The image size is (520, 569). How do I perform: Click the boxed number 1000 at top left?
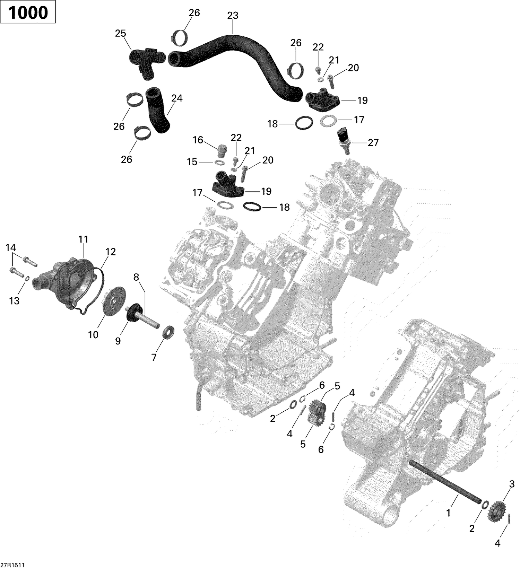[28, 12]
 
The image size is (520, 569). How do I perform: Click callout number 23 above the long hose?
[233, 16]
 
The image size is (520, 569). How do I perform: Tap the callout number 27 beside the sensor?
[373, 143]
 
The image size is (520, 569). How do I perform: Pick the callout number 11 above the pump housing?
[84, 239]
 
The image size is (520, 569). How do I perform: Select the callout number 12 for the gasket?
[111, 252]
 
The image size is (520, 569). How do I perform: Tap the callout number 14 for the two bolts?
[10, 248]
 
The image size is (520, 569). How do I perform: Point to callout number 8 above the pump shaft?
[136, 277]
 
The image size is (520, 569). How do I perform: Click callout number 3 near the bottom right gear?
[512, 484]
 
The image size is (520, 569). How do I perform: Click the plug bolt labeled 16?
[221, 151]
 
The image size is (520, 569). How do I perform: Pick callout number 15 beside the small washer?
[192, 162]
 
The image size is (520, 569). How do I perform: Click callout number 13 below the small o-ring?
[14, 301]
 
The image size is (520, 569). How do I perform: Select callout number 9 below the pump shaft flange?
[118, 341]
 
